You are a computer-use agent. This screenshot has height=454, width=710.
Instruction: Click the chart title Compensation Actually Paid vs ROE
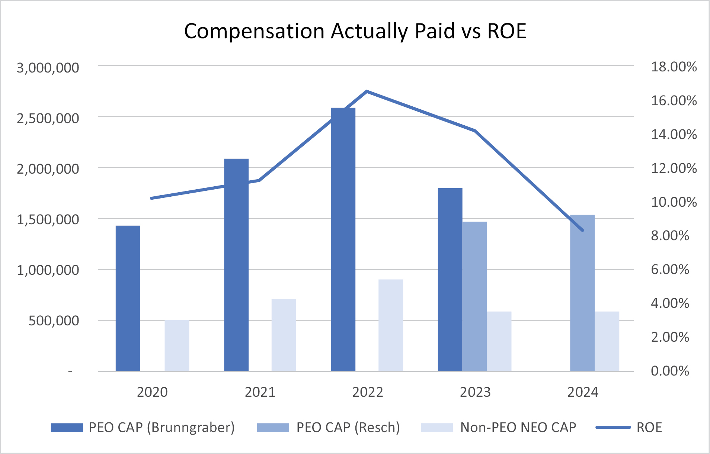tap(355, 31)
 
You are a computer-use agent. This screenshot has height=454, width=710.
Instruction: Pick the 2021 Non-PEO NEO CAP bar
tap(284, 335)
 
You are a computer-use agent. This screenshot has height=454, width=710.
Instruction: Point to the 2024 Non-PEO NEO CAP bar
tap(607, 341)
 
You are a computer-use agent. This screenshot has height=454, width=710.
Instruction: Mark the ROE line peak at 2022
tap(367, 91)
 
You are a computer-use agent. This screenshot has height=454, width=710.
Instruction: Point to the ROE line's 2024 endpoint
tap(582, 231)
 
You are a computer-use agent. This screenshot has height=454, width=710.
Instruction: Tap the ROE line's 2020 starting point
tap(151, 198)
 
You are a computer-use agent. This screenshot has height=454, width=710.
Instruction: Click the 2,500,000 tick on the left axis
tap(48, 118)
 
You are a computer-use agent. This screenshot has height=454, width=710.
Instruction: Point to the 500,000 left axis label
tap(54, 321)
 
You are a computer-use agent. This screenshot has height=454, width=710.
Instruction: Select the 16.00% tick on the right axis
tap(674, 101)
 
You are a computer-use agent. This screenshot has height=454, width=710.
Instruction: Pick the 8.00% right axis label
tap(670, 236)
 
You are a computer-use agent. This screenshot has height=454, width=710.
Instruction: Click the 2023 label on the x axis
tap(475, 392)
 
